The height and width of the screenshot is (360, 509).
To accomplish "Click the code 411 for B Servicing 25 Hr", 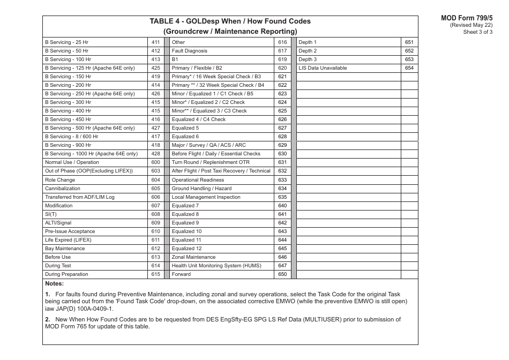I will pos(156,42).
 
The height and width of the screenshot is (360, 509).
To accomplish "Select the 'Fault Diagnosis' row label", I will pos(189,51).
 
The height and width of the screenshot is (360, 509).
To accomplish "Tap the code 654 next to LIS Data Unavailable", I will pos(409,68).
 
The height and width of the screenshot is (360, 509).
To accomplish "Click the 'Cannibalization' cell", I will pos(63,189).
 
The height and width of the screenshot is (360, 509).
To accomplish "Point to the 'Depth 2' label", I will pos(308,51).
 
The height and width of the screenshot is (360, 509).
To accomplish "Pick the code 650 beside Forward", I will pos(282,274).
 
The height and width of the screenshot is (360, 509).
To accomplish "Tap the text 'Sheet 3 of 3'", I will pos(478,32).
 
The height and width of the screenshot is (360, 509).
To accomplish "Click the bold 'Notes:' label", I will pos(55,283).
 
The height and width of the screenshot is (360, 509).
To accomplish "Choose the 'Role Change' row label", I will pos(60,180).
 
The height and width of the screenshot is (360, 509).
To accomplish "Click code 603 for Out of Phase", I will pos(156,171).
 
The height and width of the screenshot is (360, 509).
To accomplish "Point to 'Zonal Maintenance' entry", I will pos(193,257).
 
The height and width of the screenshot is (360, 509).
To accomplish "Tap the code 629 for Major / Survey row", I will pos(282,145).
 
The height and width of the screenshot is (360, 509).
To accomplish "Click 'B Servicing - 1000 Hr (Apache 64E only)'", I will pos(91,154).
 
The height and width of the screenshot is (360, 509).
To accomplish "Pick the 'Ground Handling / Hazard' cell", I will pos(201,189).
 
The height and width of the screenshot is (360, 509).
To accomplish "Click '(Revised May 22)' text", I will pos(471,25).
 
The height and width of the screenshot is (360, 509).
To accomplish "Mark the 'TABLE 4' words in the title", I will pos(167,21).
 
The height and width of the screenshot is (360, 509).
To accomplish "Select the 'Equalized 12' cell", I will pos(186,249).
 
